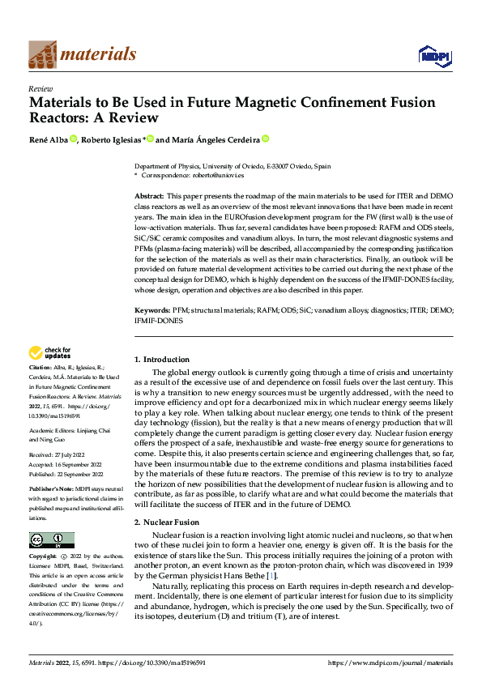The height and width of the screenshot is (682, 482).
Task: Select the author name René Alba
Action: tap(48, 140)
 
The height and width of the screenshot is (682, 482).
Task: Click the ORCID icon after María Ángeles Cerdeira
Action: tap(264, 139)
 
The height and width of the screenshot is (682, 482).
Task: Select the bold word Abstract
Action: tap(149, 197)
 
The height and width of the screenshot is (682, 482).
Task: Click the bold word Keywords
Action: tap(151, 310)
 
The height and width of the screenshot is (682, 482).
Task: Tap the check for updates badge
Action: tap(50, 353)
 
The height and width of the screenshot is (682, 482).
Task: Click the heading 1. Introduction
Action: tap(161, 359)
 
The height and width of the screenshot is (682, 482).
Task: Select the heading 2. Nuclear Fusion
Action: tap(166, 523)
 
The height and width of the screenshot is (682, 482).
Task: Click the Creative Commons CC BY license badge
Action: tap(51, 540)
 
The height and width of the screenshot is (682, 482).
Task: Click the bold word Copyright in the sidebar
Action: tap(44, 557)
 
